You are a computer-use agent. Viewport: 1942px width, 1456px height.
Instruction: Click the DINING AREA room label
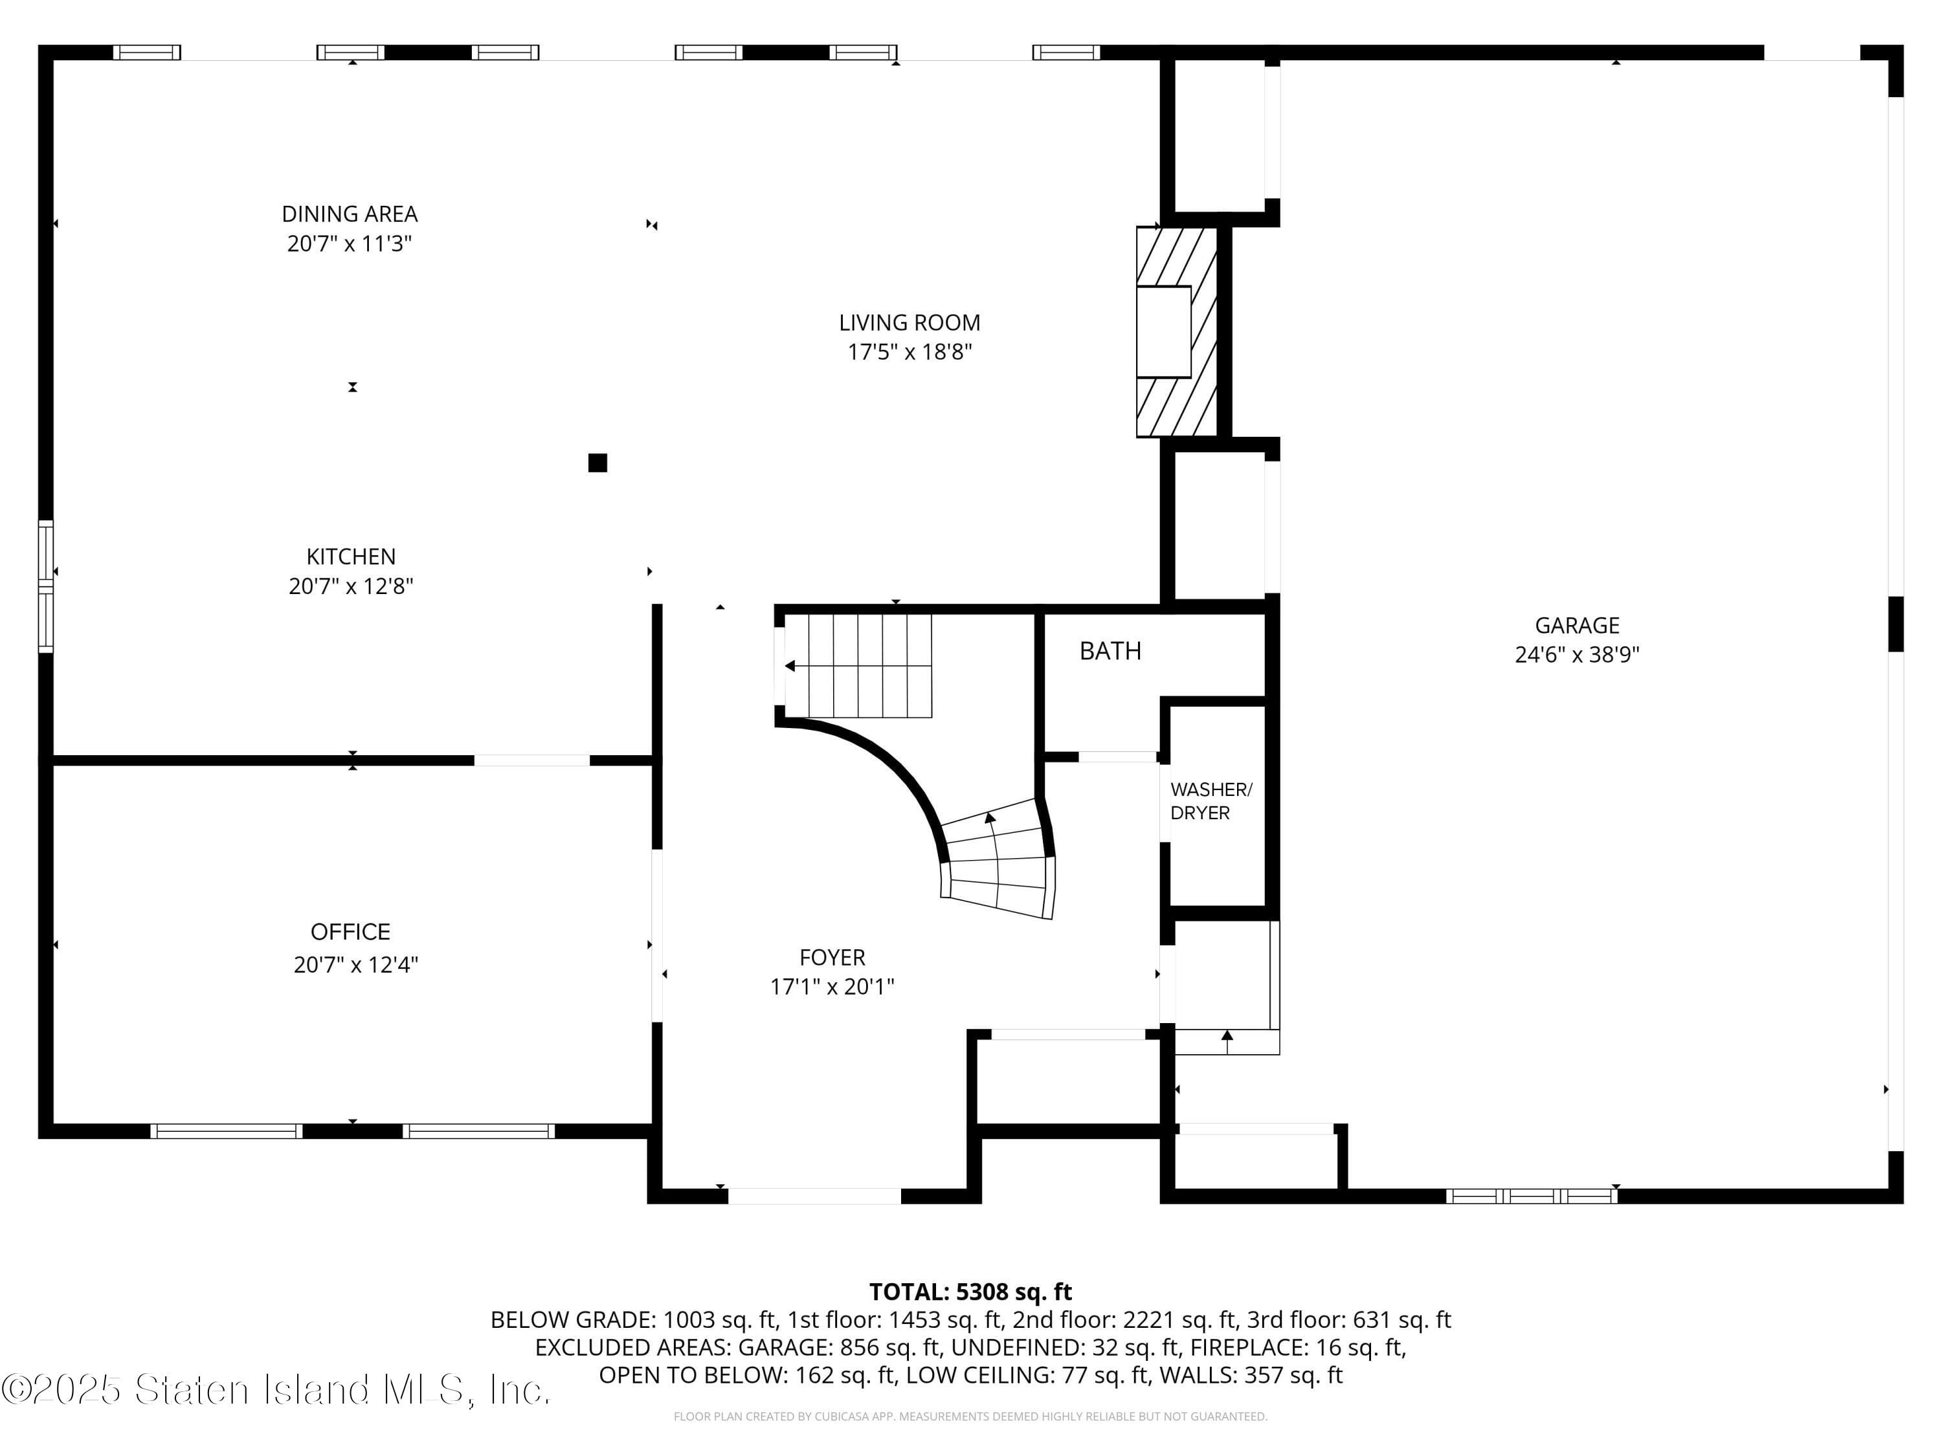pos(350,214)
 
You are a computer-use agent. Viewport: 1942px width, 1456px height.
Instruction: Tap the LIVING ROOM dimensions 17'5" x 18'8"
pos(909,353)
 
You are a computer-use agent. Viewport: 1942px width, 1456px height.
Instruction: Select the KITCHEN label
pos(350,557)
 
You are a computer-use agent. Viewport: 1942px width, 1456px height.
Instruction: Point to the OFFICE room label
pos(350,931)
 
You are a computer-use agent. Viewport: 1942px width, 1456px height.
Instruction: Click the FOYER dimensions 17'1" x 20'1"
pos(831,986)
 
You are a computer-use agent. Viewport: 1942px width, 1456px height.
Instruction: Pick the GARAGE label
pos(1577,626)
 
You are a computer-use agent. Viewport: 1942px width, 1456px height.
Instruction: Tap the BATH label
pos(1110,651)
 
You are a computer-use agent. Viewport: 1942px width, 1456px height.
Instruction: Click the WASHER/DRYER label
pos(1211,801)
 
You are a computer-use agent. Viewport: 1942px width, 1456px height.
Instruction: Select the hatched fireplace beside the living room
pos(1176,332)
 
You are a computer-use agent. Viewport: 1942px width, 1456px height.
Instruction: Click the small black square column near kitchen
pos(597,463)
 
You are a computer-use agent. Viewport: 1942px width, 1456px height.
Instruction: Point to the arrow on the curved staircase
pos(990,819)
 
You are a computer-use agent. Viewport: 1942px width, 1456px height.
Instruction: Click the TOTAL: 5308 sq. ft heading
pos(970,1292)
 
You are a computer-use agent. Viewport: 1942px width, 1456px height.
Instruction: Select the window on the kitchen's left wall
pos(46,586)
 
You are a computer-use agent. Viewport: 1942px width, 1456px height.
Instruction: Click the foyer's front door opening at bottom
pos(814,1195)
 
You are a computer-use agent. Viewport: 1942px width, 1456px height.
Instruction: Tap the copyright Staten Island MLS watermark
pos(276,1389)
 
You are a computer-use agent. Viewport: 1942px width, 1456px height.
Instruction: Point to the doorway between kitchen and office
pos(531,760)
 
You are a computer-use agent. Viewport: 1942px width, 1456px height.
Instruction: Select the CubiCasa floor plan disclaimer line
pos(970,1417)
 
